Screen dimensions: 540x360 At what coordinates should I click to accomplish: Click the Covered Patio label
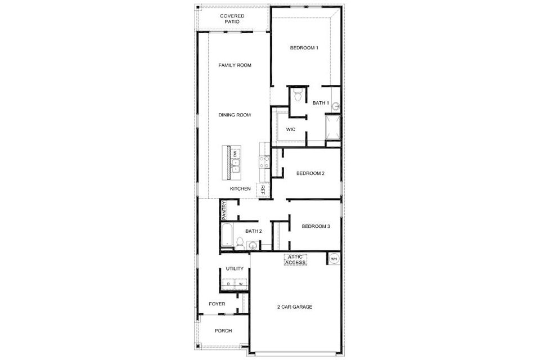232,19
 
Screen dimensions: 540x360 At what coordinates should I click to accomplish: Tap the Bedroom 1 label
304,48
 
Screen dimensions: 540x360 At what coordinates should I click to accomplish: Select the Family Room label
235,65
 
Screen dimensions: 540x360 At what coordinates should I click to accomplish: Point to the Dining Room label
235,115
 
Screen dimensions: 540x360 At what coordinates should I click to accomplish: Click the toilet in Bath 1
298,94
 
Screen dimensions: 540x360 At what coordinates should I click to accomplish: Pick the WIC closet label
291,129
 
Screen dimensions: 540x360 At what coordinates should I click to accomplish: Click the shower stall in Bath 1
333,127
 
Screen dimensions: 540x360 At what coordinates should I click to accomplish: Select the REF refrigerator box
262,190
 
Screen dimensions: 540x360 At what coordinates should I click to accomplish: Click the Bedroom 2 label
310,173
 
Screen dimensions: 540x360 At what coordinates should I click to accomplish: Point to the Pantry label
224,210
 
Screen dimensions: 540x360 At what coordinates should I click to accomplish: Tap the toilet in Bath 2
240,243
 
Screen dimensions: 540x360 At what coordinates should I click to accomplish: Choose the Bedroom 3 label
316,226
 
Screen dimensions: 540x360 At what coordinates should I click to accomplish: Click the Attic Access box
295,260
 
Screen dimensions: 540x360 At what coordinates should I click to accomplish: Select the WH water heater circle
334,258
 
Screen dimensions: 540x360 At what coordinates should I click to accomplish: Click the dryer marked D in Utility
228,284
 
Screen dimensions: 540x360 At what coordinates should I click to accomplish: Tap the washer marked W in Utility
241,284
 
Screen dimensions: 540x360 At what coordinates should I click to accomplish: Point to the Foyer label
217,304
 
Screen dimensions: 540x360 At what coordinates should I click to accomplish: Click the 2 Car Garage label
295,307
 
